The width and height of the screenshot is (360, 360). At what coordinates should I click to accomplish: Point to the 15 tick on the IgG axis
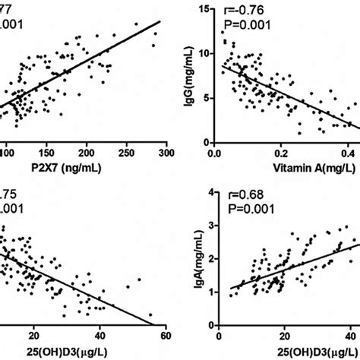coord(203,9)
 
